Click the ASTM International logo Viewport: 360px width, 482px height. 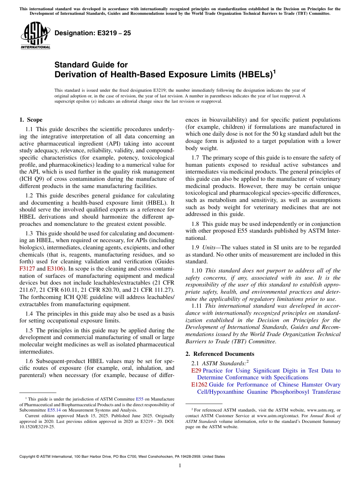[x=35, y=36]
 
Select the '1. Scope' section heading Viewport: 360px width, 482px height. [x=31, y=120]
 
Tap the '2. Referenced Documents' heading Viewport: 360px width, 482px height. [x=220, y=354]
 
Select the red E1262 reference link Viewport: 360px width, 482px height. [x=199, y=385]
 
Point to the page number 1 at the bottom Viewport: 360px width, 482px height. [x=180, y=466]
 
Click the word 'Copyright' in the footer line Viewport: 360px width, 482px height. [x=29, y=457]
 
